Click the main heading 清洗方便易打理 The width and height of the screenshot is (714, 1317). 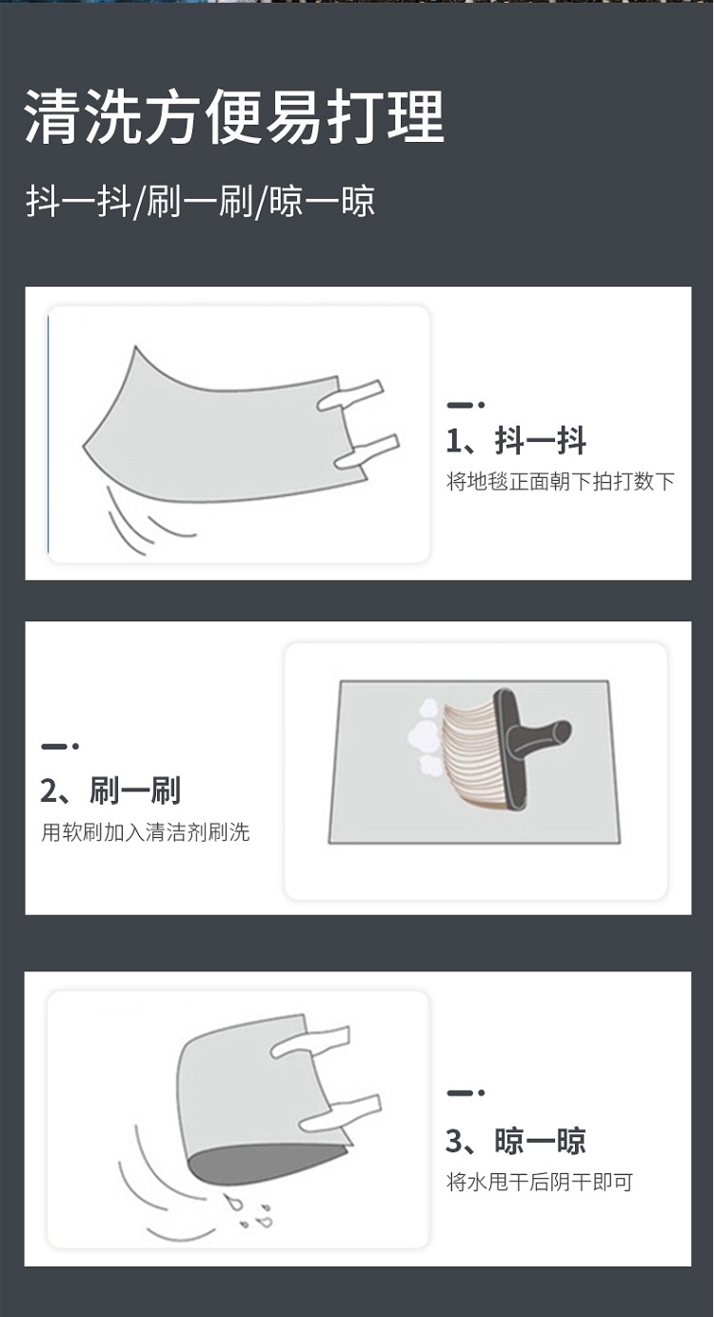pyautogui.click(x=234, y=116)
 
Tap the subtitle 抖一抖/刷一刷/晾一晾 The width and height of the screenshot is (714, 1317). pyautogui.click(x=200, y=202)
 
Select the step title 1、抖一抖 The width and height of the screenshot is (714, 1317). pyautogui.click(x=516, y=440)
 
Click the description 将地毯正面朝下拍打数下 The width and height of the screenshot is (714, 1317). pyautogui.click(x=560, y=482)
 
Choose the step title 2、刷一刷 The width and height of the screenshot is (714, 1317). pyautogui.click(x=110, y=790)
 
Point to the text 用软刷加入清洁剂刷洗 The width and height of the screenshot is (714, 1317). pyautogui.click(x=145, y=832)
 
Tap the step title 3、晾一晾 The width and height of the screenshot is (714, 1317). pyautogui.click(x=516, y=1141)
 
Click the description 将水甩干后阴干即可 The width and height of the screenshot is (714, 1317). pyautogui.click(x=540, y=1182)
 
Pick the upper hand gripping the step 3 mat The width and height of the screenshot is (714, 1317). pyautogui.click(x=311, y=1044)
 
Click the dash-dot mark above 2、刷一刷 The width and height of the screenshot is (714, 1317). pyautogui.click(x=59, y=746)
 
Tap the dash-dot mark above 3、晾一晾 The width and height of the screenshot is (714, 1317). pyautogui.click(x=466, y=1092)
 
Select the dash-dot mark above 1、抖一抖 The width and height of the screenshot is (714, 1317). pyautogui.click(x=466, y=405)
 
